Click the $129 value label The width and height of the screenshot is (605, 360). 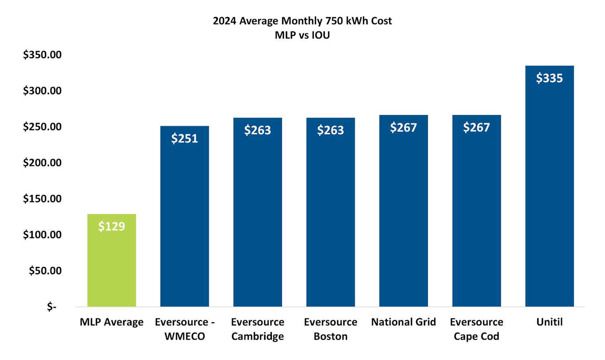112,226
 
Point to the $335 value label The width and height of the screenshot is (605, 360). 549,78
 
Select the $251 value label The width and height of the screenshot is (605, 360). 184,138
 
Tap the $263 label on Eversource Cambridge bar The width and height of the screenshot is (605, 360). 258,130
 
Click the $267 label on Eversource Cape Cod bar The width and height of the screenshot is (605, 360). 476,128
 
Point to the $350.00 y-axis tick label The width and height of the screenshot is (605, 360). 43,54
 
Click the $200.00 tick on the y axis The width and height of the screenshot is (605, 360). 43,163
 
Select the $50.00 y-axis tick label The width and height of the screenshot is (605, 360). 45,271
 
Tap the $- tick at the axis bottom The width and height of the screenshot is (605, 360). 52,307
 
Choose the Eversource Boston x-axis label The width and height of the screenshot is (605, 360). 330,329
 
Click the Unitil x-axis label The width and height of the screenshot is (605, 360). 549,322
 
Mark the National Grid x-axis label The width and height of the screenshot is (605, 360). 403,322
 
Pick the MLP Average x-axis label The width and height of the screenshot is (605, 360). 112,322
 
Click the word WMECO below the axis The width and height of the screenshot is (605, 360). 184,337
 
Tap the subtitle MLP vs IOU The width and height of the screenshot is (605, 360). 302,35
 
